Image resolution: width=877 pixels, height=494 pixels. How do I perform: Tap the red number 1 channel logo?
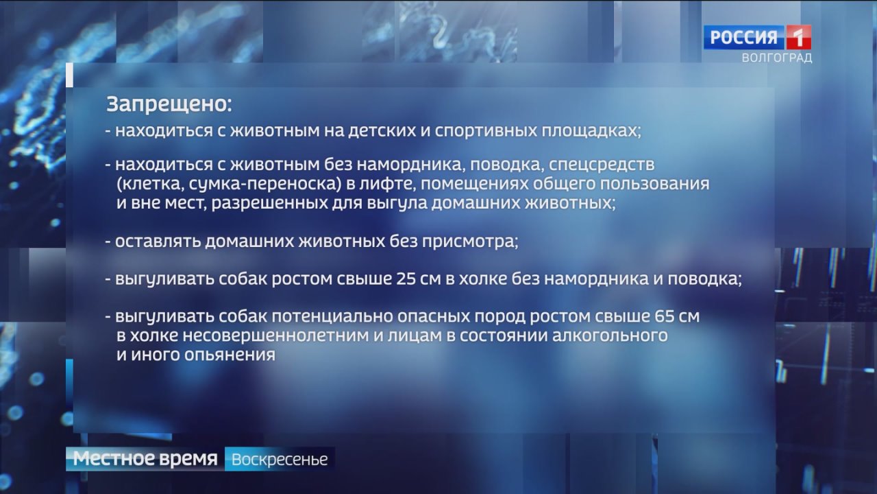point(799,37)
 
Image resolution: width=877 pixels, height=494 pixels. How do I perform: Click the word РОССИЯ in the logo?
point(744,38)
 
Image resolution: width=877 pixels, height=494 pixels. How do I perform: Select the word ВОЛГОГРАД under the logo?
point(777,58)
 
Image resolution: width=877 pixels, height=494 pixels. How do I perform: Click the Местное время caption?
point(145,458)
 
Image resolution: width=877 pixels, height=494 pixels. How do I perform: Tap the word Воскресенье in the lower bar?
point(280,459)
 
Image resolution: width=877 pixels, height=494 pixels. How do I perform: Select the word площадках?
point(591,131)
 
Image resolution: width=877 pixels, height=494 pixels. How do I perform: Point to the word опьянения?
point(230,355)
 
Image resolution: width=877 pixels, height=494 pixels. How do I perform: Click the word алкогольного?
point(610,336)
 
